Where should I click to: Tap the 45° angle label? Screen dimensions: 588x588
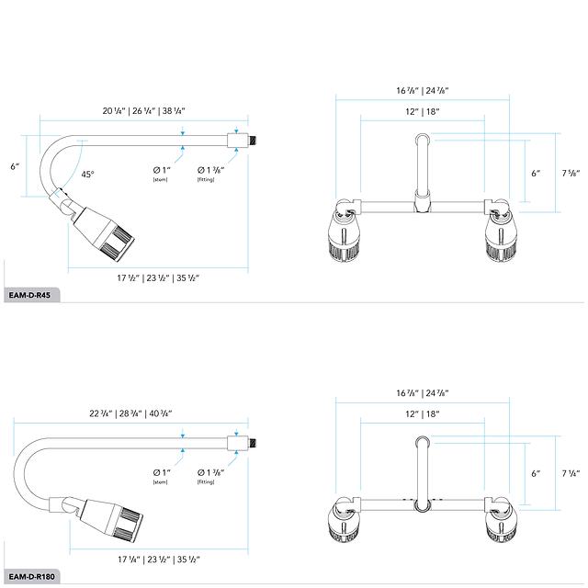click(87, 174)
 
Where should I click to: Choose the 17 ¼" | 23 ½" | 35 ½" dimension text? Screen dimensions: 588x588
click(158, 559)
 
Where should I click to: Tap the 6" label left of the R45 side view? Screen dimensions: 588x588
click(14, 166)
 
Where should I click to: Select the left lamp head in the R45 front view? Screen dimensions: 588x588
click(345, 234)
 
